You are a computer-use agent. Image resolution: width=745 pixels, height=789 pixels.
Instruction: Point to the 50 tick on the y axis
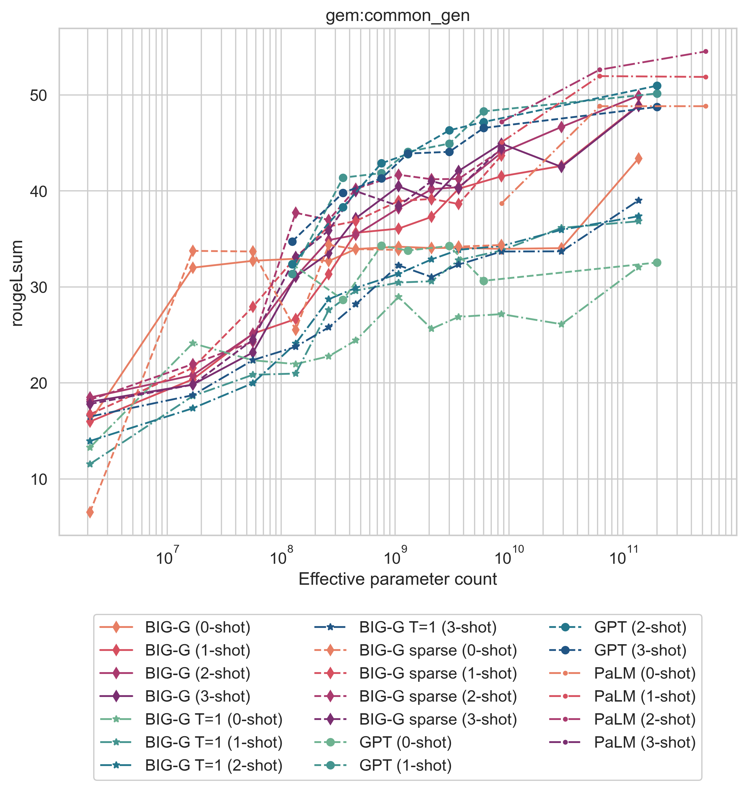click(x=38, y=96)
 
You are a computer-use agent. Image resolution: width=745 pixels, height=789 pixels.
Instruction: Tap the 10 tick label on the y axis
click(x=38, y=480)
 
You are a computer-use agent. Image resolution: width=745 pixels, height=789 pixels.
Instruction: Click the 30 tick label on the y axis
click(x=38, y=288)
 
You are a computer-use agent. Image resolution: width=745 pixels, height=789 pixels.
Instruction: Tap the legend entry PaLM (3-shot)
click(x=644, y=743)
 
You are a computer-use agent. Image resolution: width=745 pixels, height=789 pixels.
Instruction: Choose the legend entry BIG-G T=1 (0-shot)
click(x=214, y=719)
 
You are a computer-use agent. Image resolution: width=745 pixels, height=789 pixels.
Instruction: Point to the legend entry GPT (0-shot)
click(x=405, y=743)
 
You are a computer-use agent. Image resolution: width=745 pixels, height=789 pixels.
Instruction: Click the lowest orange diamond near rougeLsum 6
click(x=90, y=513)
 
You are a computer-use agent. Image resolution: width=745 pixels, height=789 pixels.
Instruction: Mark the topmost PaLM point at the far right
click(x=706, y=51)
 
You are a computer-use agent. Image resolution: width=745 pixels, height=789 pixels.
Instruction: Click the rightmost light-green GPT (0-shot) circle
click(x=657, y=263)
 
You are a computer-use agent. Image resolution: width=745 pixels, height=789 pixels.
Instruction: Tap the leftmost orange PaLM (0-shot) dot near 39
click(x=501, y=203)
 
